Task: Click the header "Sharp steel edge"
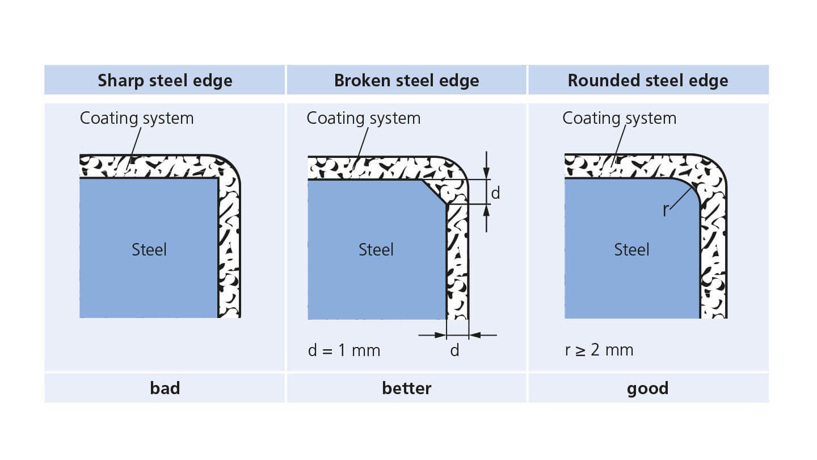[x=165, y=81]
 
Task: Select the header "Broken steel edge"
[x=407, y=81]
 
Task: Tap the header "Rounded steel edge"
[x=648, y=81]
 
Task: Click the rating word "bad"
[x=165, y=388]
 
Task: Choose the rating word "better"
[x=407, y=388]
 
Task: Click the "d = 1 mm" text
[x=344, y=350]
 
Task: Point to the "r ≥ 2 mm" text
[x=599, y=350]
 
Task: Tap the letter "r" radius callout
[x=666, y=210]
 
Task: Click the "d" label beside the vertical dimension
[x=495, y=193]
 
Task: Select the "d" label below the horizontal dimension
[x=454, y=350]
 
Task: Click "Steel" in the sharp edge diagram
[x=149, y=250]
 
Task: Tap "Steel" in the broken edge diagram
[x=376, y=250]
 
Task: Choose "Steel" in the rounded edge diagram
[x=631, y=250]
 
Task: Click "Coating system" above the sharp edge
[x=137, y=119]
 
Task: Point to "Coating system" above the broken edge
[x=364, y=119]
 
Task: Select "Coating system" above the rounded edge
[x=620, y=119]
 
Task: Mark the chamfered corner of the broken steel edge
[x=434, y=192]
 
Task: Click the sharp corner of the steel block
[x=218, y=178]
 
